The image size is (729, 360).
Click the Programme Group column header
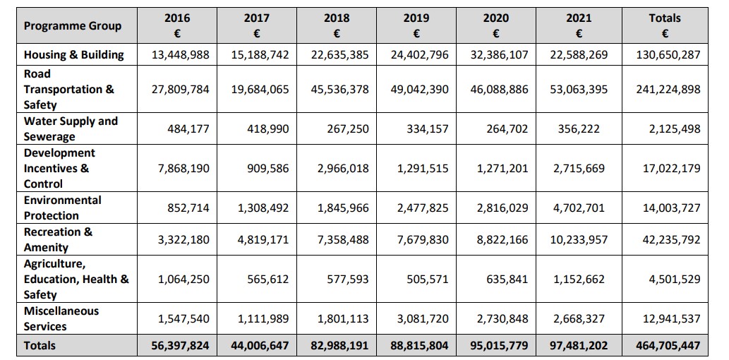pos(73,26)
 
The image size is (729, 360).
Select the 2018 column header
pos(337,25)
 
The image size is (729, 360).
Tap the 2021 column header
pos(579,25)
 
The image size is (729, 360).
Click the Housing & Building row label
pos(74,54)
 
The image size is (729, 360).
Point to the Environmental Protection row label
pos(63,208)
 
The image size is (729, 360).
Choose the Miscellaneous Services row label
pos(61,318)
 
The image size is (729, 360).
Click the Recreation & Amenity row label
pos(58,239)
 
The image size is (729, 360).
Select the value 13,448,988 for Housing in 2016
pos(180,54)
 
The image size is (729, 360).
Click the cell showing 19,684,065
pos(260,90)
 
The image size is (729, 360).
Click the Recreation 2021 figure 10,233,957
pos(579,240)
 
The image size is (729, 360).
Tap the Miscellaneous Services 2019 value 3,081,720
pos(423,319)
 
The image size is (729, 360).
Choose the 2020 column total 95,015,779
pos(498,346)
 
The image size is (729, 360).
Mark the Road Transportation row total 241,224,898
pos(668,90)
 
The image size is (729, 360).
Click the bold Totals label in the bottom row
pos(40,345)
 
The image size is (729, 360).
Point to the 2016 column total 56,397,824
pos(180,346)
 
